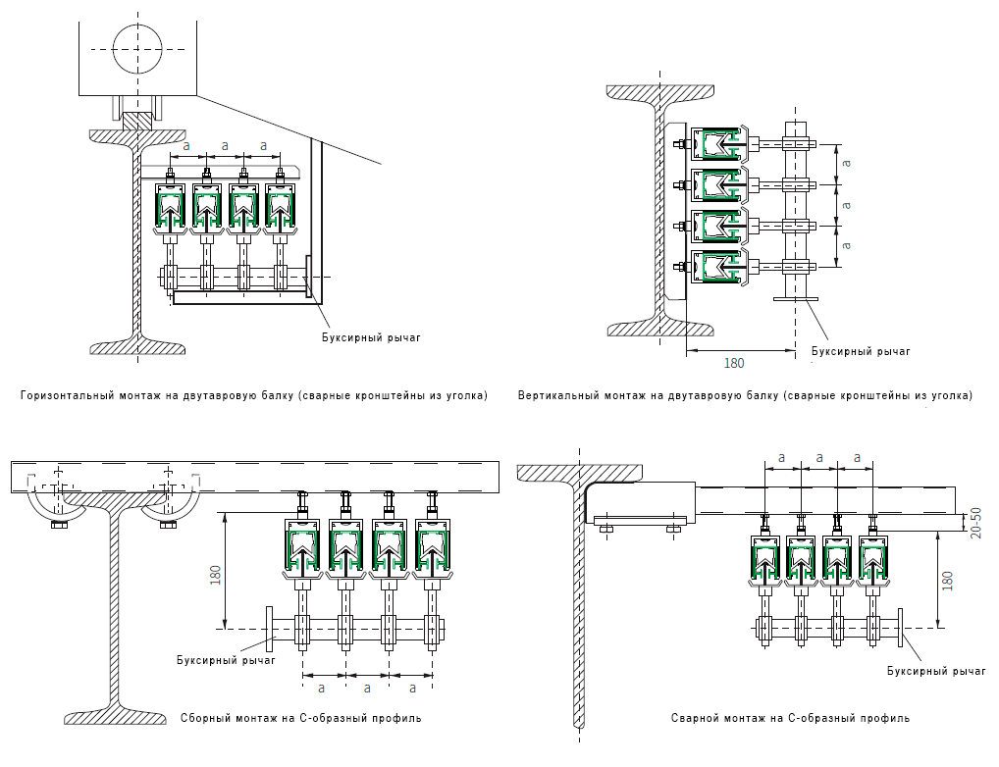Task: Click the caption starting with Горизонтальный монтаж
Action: [x=254, y=395]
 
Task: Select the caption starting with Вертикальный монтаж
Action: [x=746, y=395]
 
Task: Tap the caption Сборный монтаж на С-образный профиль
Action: [x=300, y=718]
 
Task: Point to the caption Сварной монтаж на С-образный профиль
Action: [x=790, y=718]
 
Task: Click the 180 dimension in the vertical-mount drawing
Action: [x=734, y=363]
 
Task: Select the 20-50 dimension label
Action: [x=975, y=523]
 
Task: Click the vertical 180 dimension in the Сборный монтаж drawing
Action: [x=215, y=575]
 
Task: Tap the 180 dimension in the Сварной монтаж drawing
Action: [x=947, y=581]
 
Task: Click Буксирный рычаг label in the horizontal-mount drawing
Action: [x=371, y=337]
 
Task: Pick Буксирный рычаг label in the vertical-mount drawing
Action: [x=861, y=351]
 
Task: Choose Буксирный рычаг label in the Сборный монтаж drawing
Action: [x=226, y=660]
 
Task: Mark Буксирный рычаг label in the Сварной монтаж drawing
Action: [x=936, y=671]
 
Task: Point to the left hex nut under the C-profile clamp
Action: [x=59, y=525]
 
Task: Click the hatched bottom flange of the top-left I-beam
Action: [x=137, y=347]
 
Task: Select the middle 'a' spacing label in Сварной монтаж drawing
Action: [x=819, y=457]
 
